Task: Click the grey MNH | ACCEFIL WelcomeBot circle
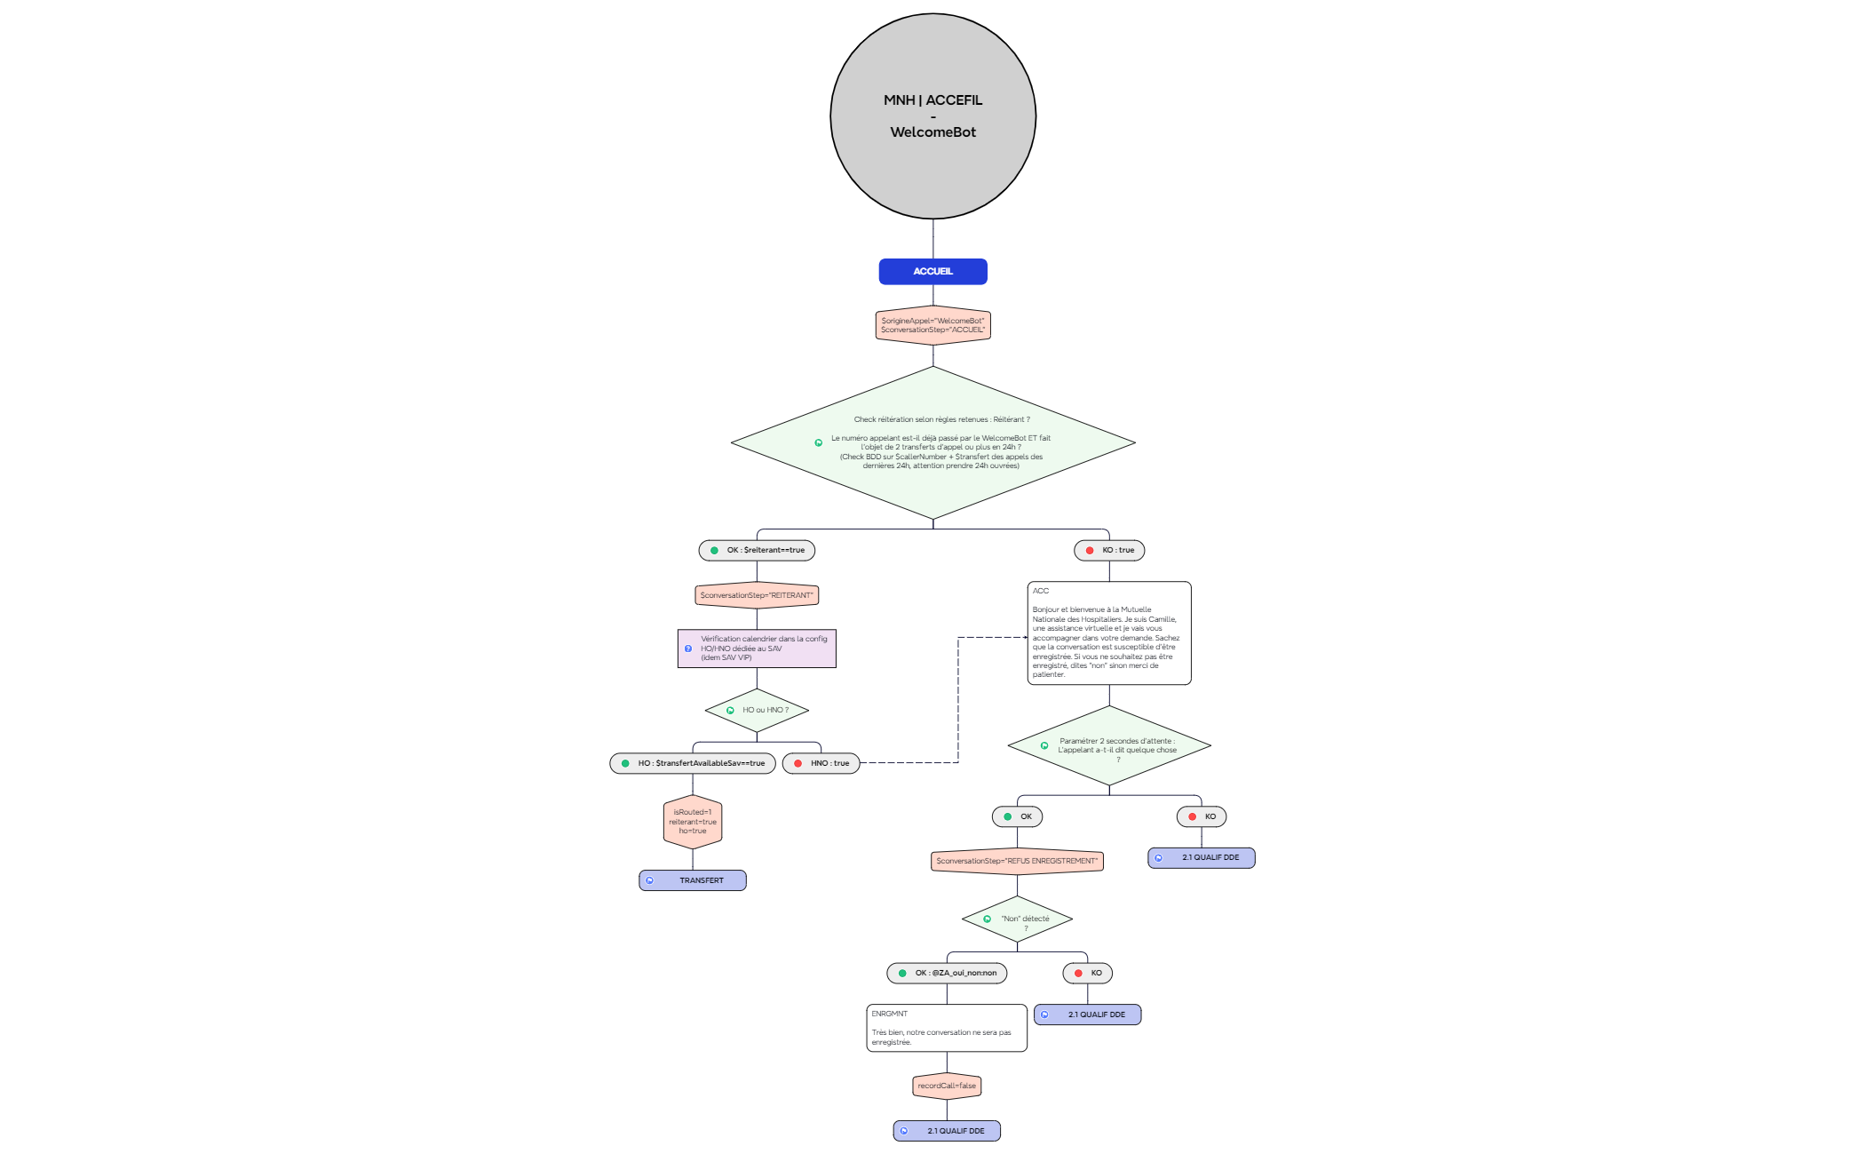932,115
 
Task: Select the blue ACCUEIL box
932,271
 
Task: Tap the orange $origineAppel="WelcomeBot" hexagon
932,325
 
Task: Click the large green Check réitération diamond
932,442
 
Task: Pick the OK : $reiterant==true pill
757,550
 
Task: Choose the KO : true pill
1109,550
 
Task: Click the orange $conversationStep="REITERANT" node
757,595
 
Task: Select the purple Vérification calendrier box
757,649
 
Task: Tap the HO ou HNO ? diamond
757,710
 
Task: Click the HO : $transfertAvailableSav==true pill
693,763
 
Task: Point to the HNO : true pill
821,763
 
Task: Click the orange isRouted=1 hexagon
693,822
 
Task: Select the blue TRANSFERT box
693,880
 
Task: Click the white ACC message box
1109,633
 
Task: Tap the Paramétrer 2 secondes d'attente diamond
1109,745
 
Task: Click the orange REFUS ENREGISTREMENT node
1018,861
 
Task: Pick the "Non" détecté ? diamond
1018,919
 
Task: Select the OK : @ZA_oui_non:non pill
947,973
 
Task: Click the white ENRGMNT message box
947,1028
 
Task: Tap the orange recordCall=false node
947,1086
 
